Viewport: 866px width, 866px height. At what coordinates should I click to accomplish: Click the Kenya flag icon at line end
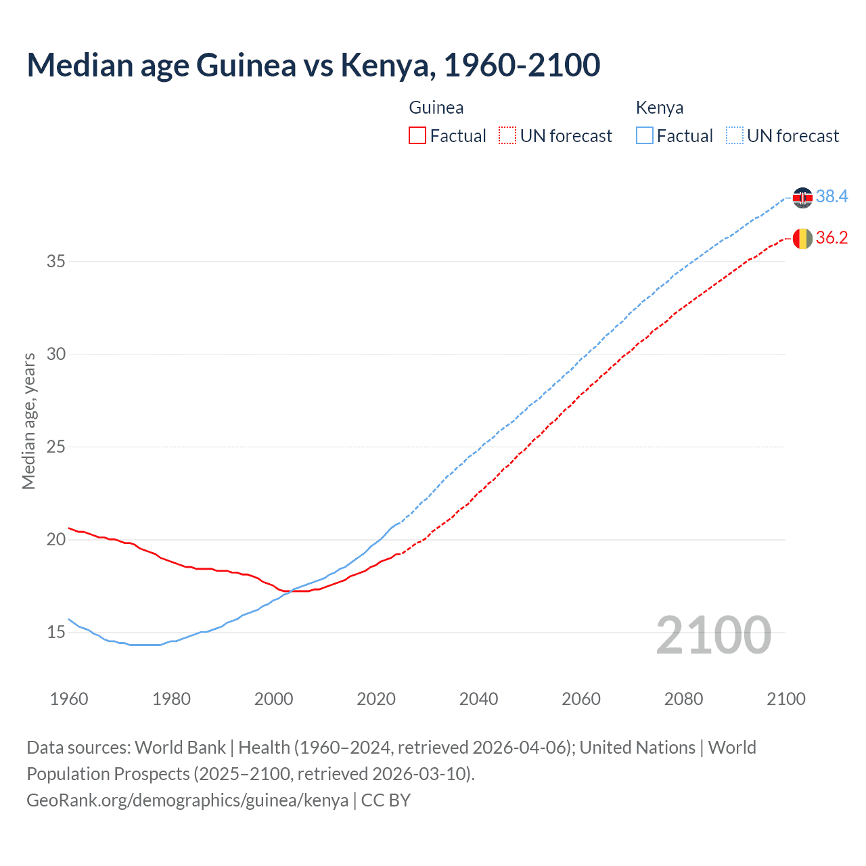pos(802,198)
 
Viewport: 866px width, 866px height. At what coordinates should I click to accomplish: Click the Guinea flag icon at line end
pos(802,239)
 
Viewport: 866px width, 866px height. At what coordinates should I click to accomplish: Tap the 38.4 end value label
pos(831,196)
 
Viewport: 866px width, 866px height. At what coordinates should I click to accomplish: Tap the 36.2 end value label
pos(831,237)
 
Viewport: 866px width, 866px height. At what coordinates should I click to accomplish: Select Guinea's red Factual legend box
pos(417,136)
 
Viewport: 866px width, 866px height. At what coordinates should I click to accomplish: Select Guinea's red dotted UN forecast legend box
pos(507,136)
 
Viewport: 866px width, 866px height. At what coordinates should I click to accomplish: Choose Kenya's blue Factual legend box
pos(645,136)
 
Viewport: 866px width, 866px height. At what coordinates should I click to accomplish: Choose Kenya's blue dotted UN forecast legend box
pos(735,136)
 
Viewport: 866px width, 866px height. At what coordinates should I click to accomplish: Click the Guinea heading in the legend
pos(436,108)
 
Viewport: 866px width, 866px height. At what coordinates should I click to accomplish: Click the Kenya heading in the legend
pos(660,108)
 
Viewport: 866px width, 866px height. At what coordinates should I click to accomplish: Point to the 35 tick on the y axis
pos(56,261)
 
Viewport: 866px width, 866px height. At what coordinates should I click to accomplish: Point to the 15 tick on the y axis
pos(56,633)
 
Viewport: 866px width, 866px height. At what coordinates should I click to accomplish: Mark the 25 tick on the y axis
pos(56,447)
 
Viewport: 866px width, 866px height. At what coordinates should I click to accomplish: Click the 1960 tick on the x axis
pos(69,699)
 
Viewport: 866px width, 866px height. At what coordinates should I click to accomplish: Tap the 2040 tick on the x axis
pos(478,699)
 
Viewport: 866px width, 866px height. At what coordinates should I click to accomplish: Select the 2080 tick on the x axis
pos(683,699)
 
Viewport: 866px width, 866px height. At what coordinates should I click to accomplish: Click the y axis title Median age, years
pos(28,421)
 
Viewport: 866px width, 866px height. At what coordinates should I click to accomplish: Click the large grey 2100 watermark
pos(714,635)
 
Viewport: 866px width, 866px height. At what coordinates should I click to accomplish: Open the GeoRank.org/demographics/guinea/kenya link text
pos(187,800)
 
